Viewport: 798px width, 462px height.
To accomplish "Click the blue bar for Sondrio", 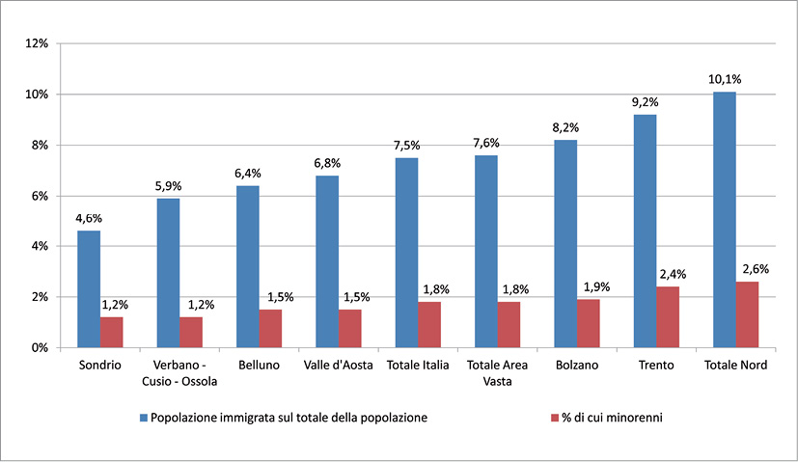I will click(88, 288).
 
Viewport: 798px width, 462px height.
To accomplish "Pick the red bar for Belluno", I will click(270, 328).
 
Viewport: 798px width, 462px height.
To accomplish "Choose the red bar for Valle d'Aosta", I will click(349, 328).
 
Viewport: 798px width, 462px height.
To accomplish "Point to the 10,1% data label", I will click(724, 79).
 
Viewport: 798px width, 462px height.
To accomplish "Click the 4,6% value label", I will click(89, 218).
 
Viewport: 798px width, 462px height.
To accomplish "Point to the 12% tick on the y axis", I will click(39, 43).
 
